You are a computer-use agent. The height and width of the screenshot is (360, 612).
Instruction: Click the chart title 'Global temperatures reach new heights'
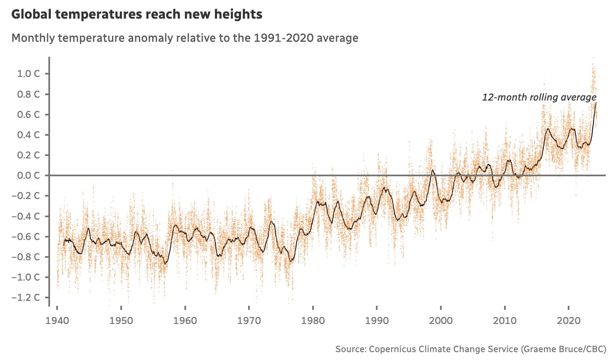pos(136,14)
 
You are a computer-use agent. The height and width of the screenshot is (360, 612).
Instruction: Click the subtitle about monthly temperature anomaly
pos(185,38)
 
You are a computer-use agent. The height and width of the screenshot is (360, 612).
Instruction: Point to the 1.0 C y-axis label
pos(28,74)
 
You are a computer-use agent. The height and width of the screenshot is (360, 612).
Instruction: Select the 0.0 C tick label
pos(28,175)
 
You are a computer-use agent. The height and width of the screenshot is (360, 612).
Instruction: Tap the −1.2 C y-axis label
pos(26,298)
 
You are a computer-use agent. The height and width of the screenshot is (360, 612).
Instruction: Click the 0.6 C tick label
pos(28,115)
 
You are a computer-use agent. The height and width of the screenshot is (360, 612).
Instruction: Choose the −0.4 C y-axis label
pos(26,216)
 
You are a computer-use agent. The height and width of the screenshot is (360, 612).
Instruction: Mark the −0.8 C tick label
pos(26,257)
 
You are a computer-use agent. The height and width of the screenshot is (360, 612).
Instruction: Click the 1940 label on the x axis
pos(57,321)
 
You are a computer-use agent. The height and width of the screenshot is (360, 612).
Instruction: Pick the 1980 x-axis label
pos(313,321)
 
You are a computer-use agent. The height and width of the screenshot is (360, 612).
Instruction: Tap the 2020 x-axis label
pos(569,321)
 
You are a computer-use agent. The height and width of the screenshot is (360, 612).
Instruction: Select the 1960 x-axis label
pos(185,321)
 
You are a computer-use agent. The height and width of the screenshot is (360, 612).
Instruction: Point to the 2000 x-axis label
pos(441,321)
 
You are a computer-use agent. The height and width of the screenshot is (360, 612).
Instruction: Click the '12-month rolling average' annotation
pos(539,97)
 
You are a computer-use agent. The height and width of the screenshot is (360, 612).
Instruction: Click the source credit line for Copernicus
pos(471,349)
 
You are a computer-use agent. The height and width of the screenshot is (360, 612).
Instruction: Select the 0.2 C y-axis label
pos(28,155)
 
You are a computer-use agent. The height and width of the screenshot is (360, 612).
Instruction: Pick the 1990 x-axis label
pos(377,321)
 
